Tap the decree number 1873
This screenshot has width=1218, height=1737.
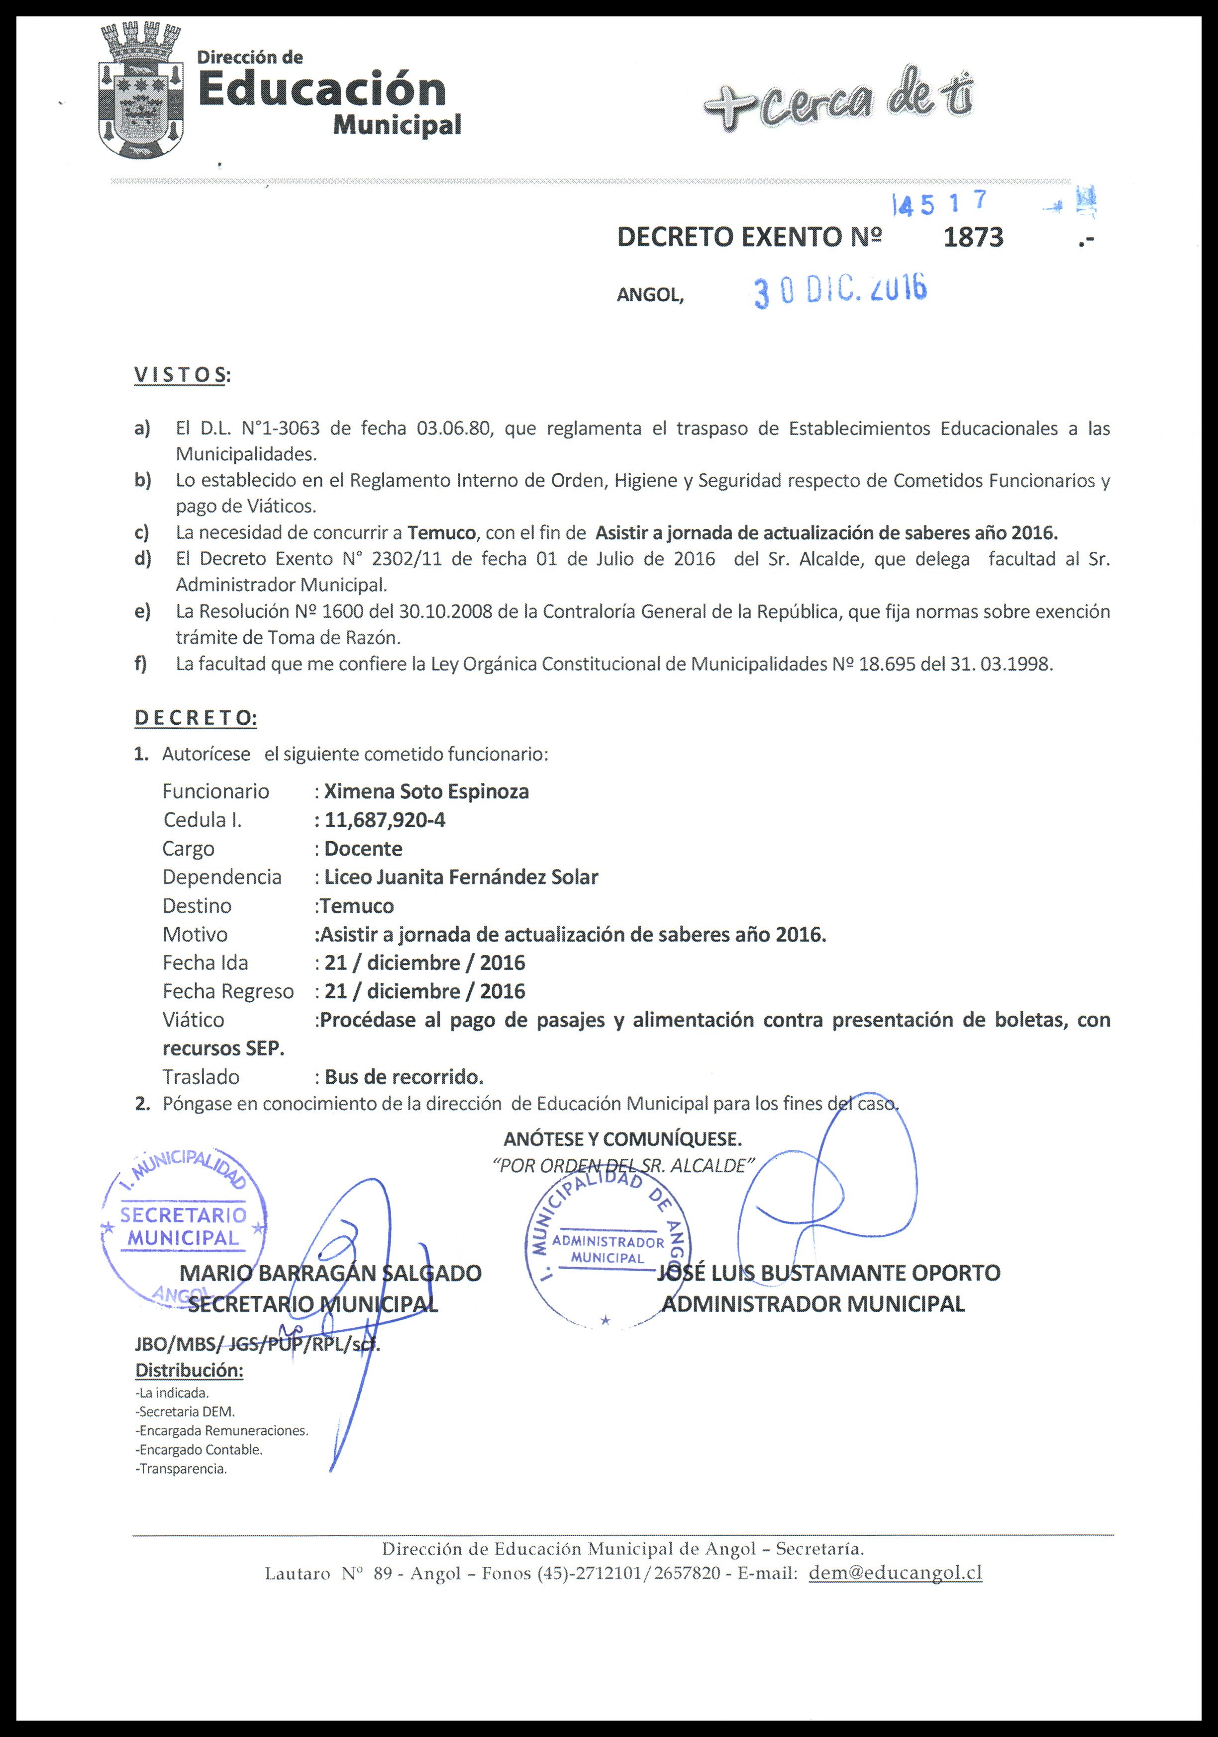pos(974,238)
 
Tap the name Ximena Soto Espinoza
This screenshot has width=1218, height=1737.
pos(426,791)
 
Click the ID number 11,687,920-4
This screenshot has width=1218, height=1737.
pos(385,820)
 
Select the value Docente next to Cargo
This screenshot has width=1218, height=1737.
pos(363,849)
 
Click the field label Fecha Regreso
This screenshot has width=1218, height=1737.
pos(228,992)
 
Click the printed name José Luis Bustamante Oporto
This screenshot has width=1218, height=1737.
pos(829,1273)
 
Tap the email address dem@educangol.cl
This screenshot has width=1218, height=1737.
pos(896,1573)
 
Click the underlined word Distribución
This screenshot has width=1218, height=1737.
pos(189,1370)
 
